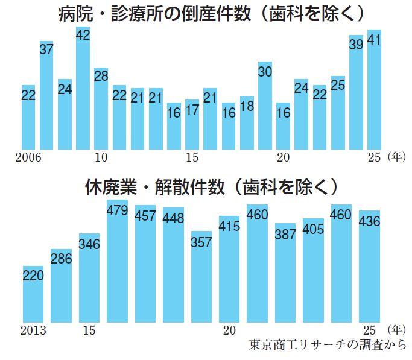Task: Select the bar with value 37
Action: pos(46,96)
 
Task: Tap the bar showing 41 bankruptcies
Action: pos(374,90)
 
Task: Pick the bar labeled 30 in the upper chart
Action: pos(265,106)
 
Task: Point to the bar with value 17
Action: pos(192,124)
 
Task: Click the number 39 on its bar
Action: pos(356,43)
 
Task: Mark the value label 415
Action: pos(230,227)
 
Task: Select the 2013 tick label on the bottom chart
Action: pos(33,330)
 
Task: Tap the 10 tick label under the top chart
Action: pos(101,157)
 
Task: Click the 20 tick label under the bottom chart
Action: pos(228,330)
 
